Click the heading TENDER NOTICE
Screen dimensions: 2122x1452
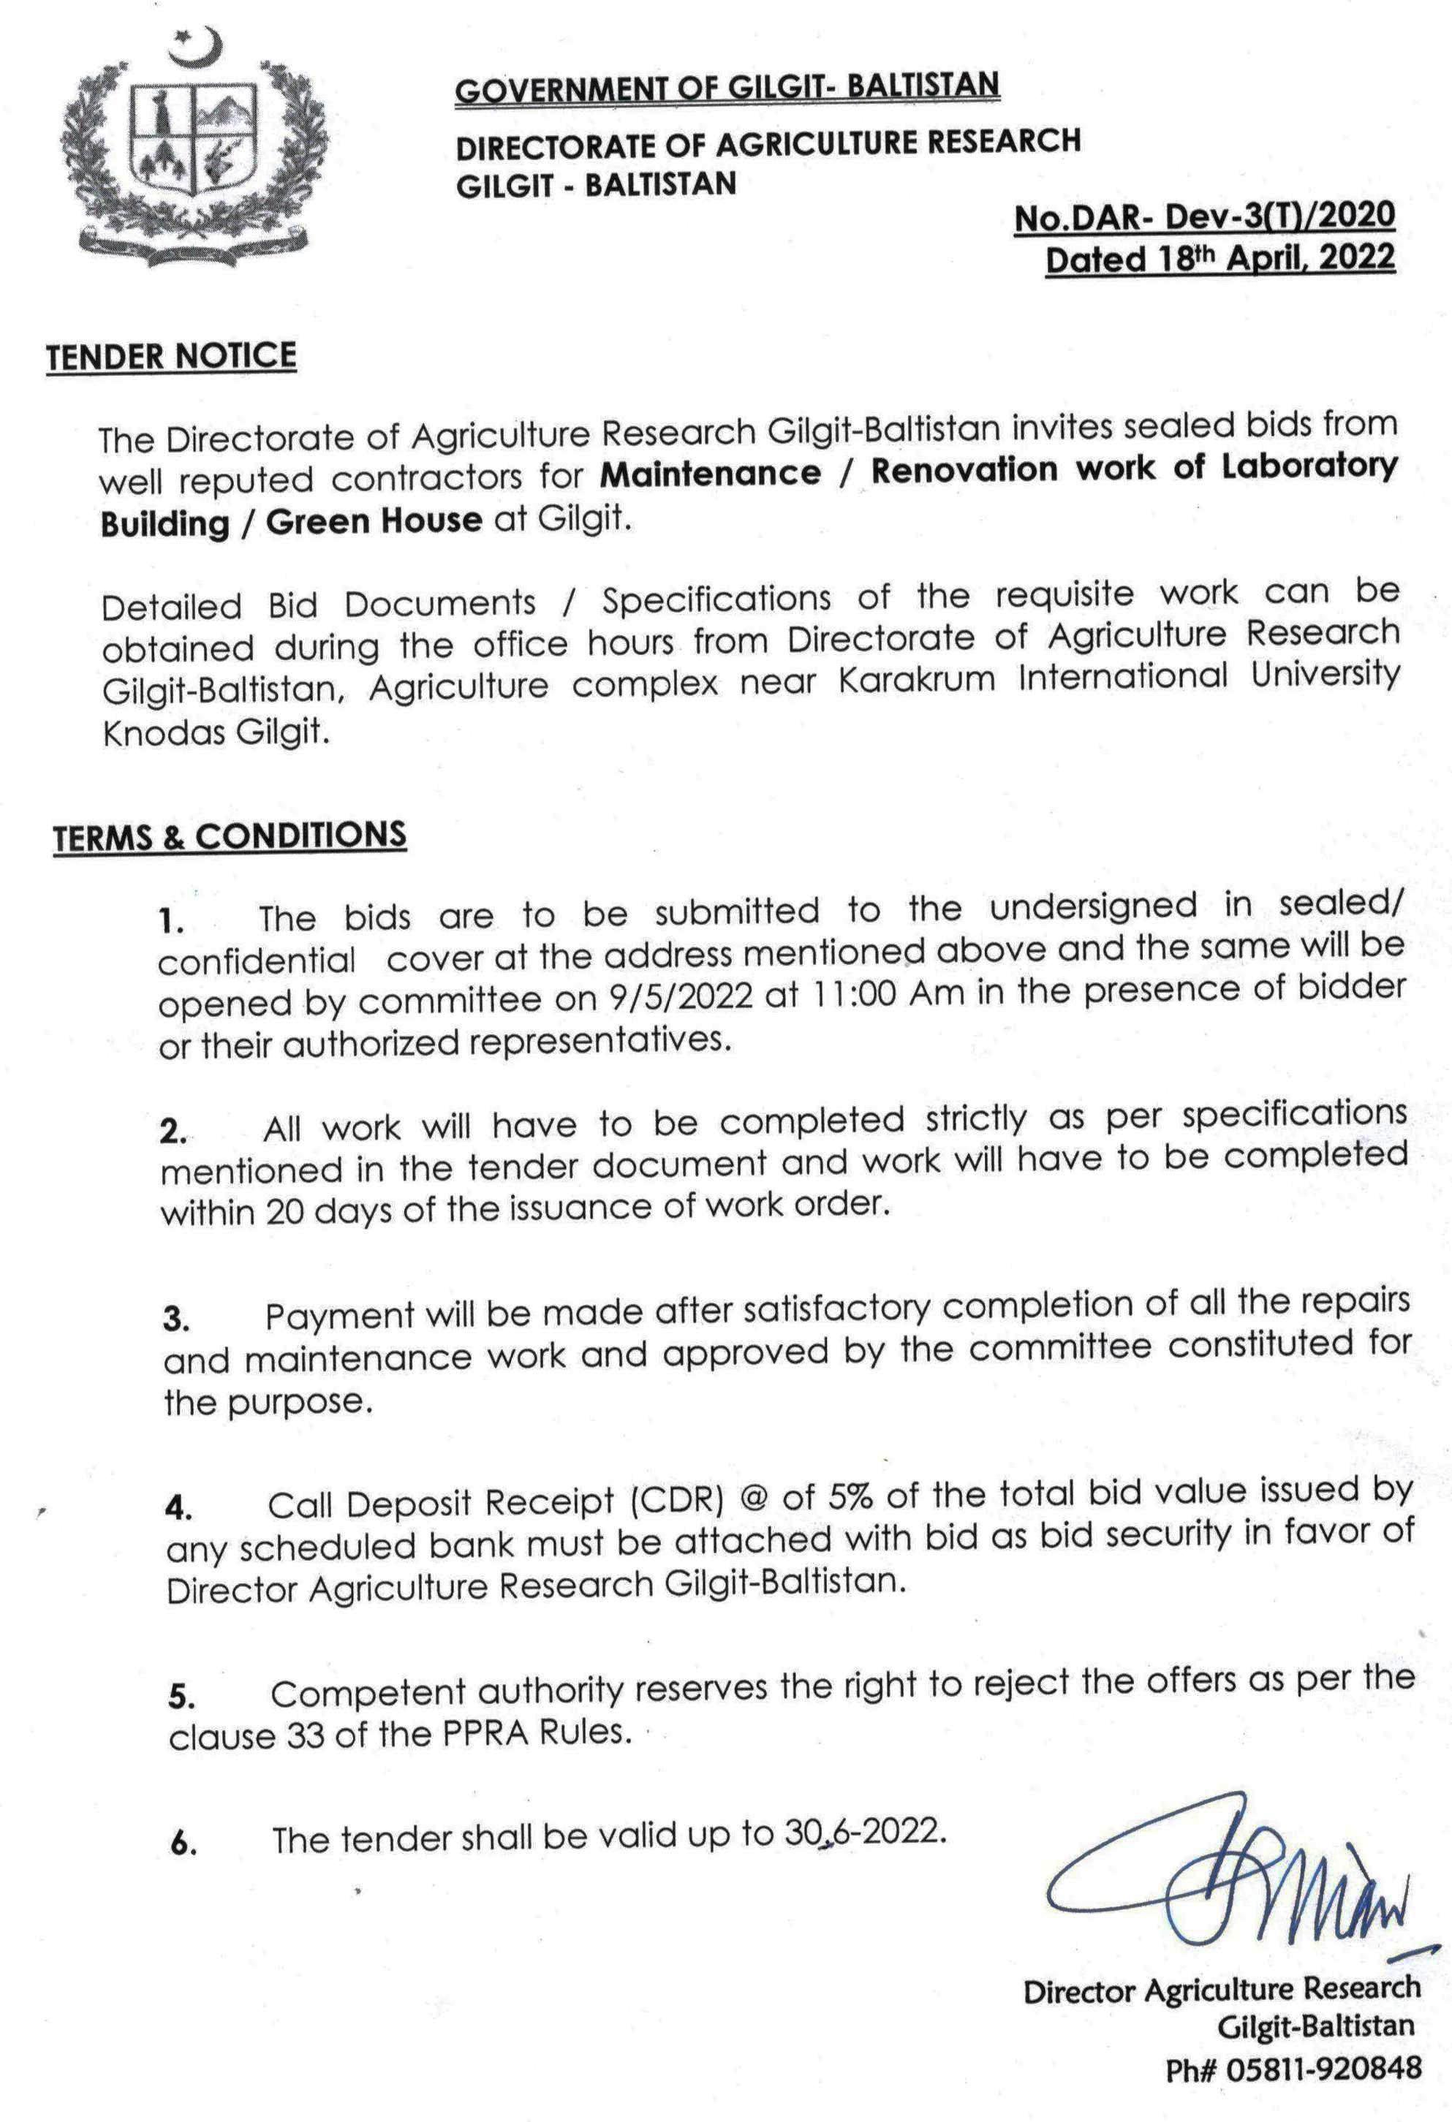coord(172,355)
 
